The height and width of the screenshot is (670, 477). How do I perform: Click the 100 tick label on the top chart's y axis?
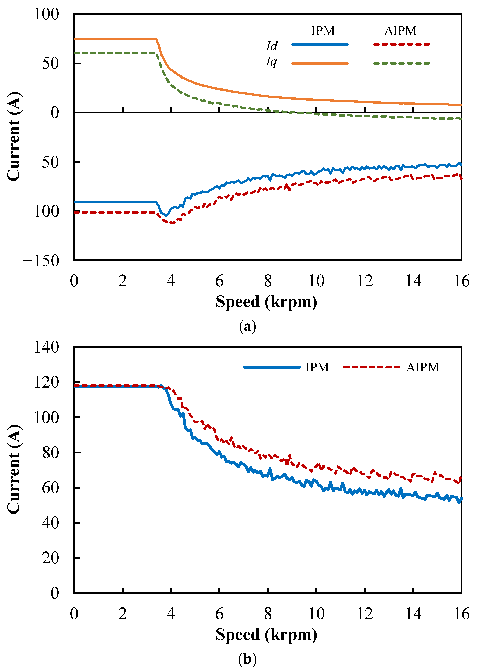pos(46,14)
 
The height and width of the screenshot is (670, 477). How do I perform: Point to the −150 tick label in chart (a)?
pos(41,261)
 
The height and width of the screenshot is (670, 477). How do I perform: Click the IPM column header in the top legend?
pos(323,31)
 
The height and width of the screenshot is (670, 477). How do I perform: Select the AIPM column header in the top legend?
pos(400,31)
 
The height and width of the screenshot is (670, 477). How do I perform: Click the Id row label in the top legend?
pos(272,46)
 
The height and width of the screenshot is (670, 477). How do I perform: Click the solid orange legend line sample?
pos(320,63)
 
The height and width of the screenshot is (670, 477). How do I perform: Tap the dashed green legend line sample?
pos(402,63)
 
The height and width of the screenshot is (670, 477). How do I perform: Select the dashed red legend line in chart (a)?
pos(402,45)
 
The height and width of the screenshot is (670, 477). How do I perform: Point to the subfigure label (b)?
pos(247,659)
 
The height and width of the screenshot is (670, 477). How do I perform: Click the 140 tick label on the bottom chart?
pos(46,347)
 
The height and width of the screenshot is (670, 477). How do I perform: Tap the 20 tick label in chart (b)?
pos(50,558)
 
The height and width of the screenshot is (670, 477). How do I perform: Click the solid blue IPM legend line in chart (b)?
pos(272,367)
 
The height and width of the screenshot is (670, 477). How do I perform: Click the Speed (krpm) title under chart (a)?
pos(266,302)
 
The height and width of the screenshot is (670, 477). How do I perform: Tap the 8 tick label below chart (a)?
pos(268,281)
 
